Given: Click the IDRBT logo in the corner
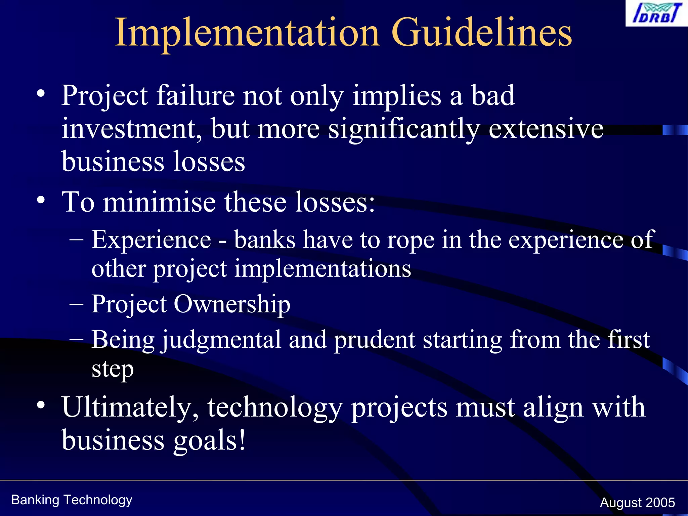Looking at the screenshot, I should click(656, 13).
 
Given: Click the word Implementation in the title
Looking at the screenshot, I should click(247, 33).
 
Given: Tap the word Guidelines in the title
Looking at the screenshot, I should click(482, 33).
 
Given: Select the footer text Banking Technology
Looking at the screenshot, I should click(72, 500).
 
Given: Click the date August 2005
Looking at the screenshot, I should click(637, 503).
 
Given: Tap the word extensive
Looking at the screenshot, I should click(546, 129).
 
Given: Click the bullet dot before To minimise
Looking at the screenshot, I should click(41, 201).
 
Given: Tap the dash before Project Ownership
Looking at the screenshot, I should click(77, 303).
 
